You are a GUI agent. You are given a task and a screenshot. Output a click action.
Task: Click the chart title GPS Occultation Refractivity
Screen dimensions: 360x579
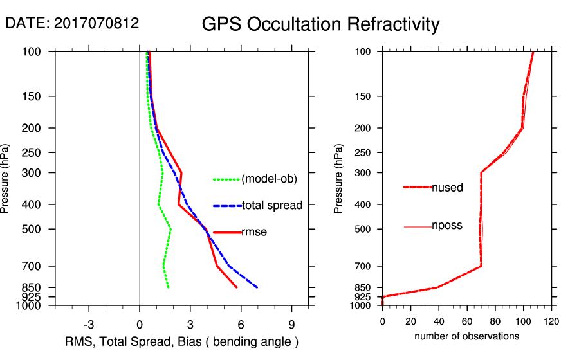[x=320, y=24]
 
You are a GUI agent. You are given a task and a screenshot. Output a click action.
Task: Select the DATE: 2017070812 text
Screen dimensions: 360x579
[x=72, y=23]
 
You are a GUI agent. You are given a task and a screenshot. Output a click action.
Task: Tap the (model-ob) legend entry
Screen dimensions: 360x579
[x=269, y=179]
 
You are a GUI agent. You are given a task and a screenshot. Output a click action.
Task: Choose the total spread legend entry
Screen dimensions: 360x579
[x=272, y=206]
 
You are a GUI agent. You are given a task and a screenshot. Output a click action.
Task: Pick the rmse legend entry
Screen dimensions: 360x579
[x=254, y=232]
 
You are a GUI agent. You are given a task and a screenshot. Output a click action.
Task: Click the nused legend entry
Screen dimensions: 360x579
[x=447, y=187]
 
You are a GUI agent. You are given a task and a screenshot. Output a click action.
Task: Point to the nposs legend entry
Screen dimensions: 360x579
[x=446, y=226]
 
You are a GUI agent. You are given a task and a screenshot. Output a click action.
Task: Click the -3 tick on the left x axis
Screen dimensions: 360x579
[x=89, y=324]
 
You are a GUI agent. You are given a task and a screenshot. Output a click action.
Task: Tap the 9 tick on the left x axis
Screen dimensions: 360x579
[x=292, y=324]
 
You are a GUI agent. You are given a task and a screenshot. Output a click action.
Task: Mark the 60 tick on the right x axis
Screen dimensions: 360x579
[x=467, y=321]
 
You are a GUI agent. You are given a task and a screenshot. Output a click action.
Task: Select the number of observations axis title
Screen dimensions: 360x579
[x=467, y=336]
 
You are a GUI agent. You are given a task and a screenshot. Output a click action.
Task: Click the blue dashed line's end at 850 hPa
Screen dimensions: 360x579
[x=257, y=287]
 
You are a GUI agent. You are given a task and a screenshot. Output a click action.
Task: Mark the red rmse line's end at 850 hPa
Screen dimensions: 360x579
[x=237, y=287]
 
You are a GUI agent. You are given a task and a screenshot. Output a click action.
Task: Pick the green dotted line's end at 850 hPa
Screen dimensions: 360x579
[x=169, y=287]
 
